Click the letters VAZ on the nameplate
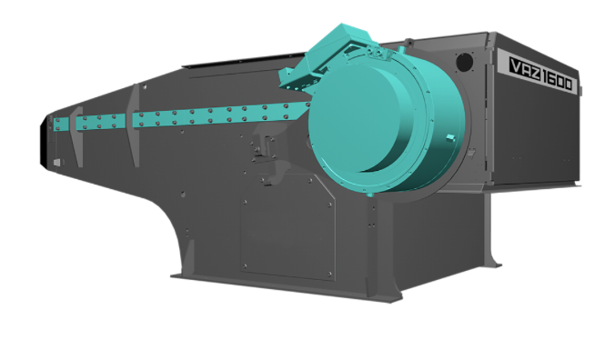(x=524, y=71)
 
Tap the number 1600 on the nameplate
(x=556, y=81)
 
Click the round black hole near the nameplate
(x=464, y=63)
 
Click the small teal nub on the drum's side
(x=450, y=137)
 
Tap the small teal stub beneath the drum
(x=369, y=194)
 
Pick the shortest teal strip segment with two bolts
(x=62, y=125)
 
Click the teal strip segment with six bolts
(x=100, y=122)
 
